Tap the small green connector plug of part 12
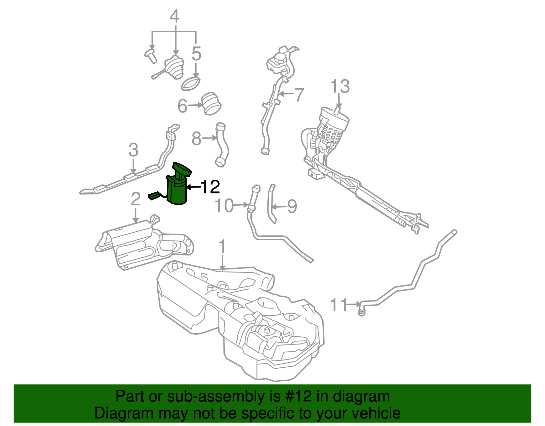pos(154,196)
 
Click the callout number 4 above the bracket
pos(174,16)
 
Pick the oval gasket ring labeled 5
pos(191,84)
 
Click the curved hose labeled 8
pos(222,145)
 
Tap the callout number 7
pos(299,94)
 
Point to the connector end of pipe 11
pos(362,310)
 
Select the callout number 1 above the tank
pos(222,246)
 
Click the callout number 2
pos(136,199)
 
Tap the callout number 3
pos(133,150)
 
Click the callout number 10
pos(224,206)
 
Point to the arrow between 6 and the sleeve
pos(195,105)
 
